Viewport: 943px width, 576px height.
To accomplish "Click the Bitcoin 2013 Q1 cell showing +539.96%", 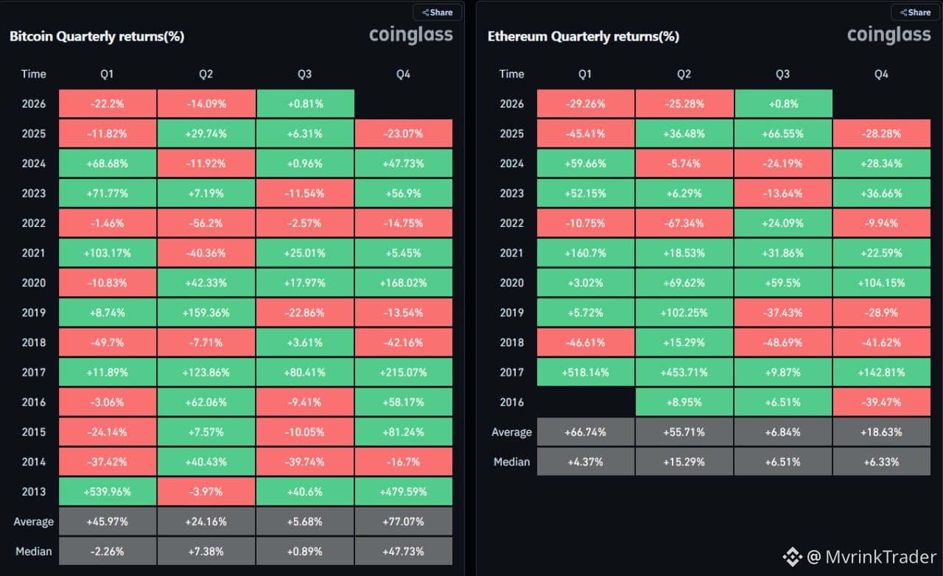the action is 108,491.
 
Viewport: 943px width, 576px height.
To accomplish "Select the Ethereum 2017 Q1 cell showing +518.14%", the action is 586,372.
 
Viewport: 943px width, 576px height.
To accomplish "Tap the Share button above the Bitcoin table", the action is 438,13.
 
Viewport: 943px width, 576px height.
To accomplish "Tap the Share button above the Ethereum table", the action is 916,13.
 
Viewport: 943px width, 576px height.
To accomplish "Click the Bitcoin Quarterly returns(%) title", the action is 97,37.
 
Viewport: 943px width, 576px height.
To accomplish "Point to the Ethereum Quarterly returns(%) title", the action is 583,37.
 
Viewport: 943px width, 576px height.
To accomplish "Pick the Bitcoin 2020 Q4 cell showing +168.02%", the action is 404,283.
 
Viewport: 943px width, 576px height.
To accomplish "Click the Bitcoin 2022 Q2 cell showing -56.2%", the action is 206,222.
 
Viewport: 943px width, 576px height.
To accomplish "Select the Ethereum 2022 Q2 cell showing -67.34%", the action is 684,222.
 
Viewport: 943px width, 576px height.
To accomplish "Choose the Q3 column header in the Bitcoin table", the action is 305,74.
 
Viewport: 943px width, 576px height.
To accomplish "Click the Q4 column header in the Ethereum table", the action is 882,74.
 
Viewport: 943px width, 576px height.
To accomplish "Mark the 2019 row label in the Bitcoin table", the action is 34,312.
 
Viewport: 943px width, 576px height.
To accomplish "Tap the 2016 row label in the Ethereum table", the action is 512,402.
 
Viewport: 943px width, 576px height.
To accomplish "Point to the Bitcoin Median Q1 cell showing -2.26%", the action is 108,551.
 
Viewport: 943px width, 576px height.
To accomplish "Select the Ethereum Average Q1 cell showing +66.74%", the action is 586,432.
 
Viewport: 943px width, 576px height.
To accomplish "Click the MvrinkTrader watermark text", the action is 880,557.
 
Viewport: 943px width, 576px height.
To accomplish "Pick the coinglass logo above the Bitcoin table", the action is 411,35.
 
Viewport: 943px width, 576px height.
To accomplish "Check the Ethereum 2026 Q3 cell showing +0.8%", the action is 783,104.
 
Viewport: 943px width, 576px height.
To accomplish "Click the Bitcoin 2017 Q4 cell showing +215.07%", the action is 404,372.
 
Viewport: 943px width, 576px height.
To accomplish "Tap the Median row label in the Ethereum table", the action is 512,462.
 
